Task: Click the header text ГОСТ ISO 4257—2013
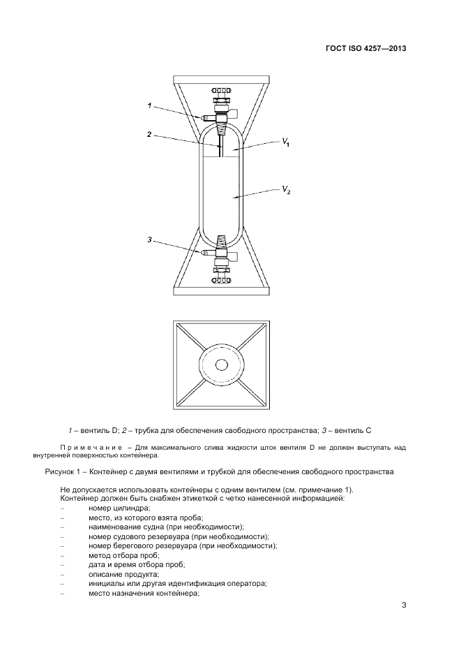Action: point(365,49)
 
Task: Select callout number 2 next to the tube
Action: point(149,134)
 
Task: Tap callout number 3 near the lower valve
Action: point(149,240)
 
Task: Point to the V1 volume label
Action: point(286,143)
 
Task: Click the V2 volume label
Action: point(286,189)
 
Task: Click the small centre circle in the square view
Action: point(222,365)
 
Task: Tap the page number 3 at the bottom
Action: point(404,605)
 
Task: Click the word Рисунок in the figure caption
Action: point(60,471)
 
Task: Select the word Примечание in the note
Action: point(87,446)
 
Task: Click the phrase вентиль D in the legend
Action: point(104,427)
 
